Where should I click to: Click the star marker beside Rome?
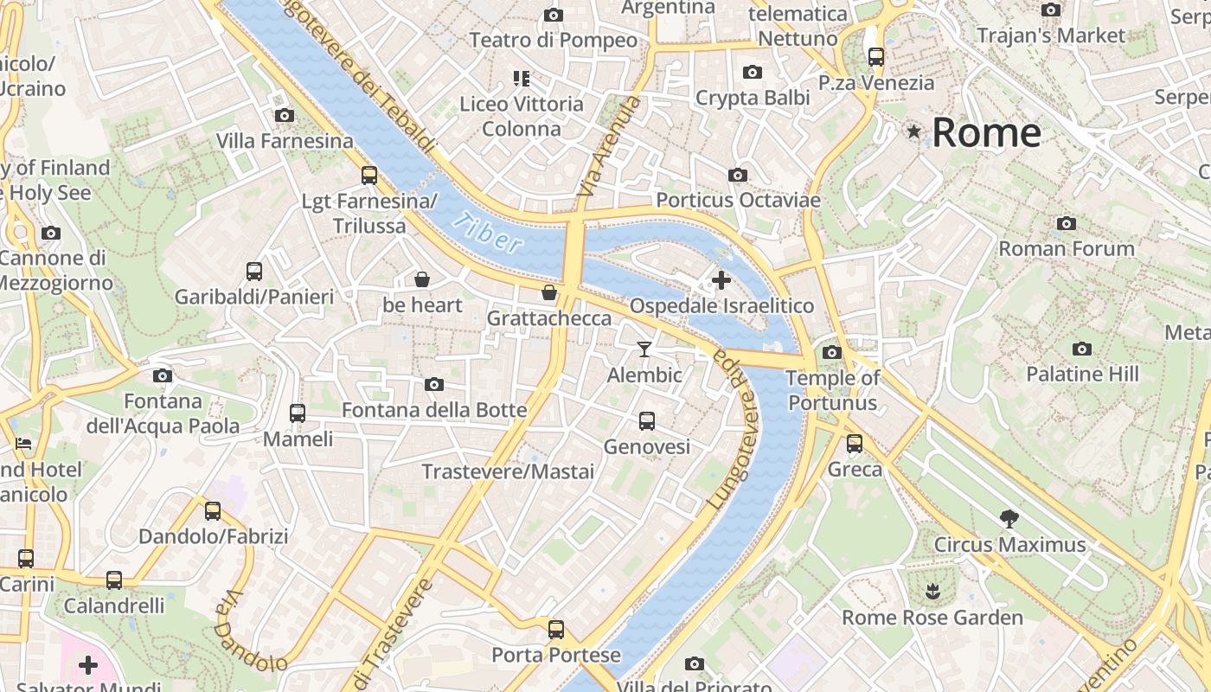coord(913,131)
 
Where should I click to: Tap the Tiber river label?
coord(490,234)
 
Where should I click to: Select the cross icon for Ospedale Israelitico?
coord(721,280)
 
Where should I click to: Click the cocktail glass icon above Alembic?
coord(644,349)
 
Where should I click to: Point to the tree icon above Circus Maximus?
coord(1009,519)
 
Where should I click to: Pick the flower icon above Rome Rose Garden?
coord(932,593)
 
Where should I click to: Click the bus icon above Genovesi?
coord(646,421)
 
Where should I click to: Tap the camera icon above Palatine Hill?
coord(1081,349)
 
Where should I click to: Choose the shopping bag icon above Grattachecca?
coord(548,292)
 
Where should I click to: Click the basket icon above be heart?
coord(422,279)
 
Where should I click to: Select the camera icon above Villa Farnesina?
coord(284,115)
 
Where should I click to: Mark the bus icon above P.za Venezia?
coord(876,57)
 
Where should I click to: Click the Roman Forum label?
coord(1067,249)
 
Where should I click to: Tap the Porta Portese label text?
coord(556,655)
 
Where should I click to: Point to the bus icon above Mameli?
coord(298,413)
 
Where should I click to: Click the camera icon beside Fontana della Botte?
coord(434,384)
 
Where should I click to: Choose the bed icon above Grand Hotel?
coord(23,444)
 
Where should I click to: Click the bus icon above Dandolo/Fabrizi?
coord(213,510)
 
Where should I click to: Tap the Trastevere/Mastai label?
coord(508,471)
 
